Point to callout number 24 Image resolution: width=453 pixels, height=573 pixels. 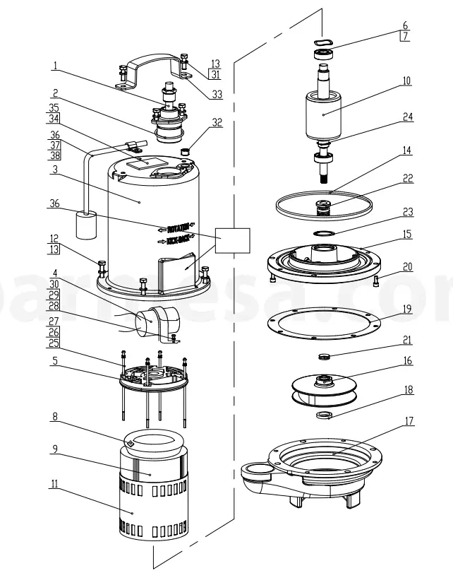point(407,117)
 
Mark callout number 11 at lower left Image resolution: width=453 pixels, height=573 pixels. point(54,485)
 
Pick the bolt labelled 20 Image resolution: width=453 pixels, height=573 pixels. point(375,282)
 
